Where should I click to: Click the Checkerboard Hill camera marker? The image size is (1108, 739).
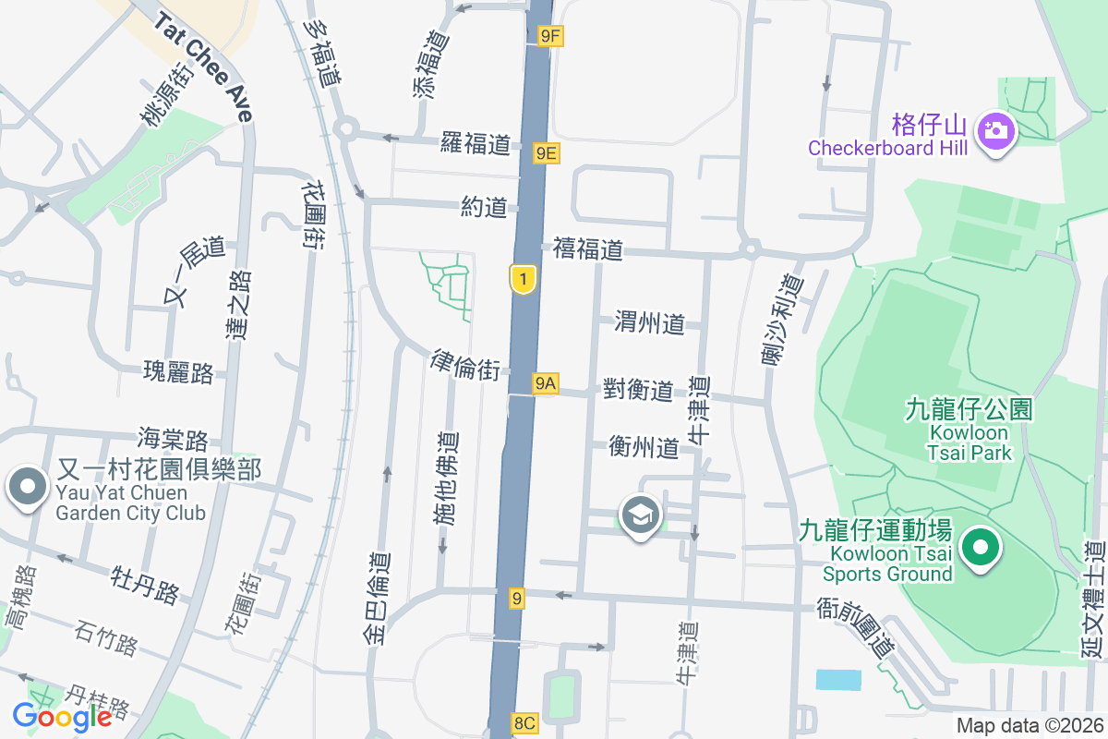(x=994, y=130)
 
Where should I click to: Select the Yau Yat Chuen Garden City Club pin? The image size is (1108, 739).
(x=28, y=487)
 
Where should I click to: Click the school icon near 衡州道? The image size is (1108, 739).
(x=639, y=515)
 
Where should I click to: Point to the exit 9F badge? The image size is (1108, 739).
(x=550, y=36)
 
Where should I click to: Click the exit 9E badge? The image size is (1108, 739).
(x=547, y=153)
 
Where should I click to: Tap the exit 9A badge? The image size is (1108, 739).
(x=546, y=383)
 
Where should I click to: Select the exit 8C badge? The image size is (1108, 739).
(x=524, y=723)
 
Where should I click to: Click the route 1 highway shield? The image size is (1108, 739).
(x=524, y=279)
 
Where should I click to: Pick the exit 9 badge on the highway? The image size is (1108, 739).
(x=517, y=600)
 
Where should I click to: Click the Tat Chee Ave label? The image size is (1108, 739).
(x=204, y=67)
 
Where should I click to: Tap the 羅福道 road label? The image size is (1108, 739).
(x=476, y=144)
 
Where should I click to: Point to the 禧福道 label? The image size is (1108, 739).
(x=588, y=248)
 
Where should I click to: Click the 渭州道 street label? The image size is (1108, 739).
(x=650, y=322)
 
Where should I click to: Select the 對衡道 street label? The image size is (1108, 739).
(x=638, y=390)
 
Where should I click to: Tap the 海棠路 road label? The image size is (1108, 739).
(x=173, y=438)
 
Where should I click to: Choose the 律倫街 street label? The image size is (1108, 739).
(x=465, y=366)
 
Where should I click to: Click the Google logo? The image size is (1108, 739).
(x=62, y=716)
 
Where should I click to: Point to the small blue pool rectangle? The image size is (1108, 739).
(x=838, y=680)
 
